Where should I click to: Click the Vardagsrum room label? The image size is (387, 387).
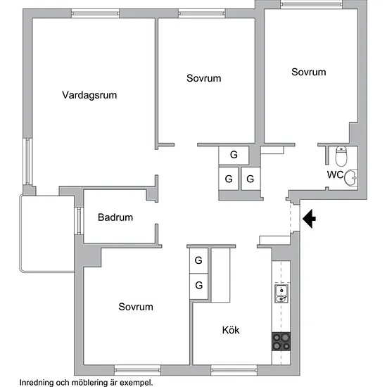89,95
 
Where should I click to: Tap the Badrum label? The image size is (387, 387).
115,217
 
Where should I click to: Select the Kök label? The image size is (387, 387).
231,330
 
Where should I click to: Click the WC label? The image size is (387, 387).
335,175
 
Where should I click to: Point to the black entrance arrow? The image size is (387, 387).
309,218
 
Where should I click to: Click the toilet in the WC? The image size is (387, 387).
341,156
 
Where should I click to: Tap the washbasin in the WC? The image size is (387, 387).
350,178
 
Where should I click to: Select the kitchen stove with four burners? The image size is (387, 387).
281,341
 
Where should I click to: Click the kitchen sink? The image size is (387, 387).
281,293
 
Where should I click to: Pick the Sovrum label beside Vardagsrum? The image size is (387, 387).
203,78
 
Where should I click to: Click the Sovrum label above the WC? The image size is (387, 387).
308,72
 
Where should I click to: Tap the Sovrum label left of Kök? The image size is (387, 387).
136,307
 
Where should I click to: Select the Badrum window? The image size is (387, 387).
79,221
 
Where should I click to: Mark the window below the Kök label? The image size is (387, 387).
234,370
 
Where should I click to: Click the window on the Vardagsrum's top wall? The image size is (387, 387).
95,13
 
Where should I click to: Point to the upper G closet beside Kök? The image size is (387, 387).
198,260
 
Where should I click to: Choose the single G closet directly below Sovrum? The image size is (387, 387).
234,155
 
